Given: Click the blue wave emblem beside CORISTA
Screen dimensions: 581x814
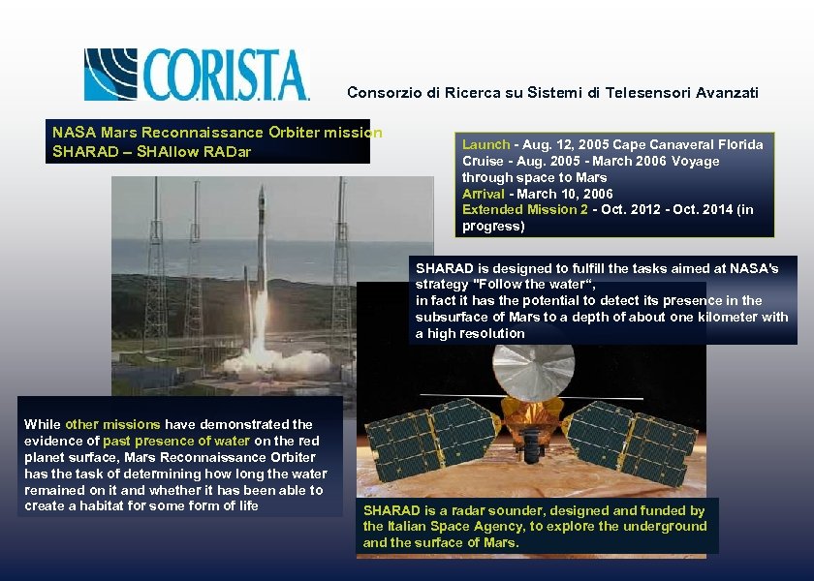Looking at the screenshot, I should [110, 75].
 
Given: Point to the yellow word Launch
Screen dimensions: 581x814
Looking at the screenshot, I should [485, 144].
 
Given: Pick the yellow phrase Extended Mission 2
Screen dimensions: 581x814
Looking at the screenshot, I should [525, 210].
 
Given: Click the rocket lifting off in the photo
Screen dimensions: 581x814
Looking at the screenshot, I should [260, 261].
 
